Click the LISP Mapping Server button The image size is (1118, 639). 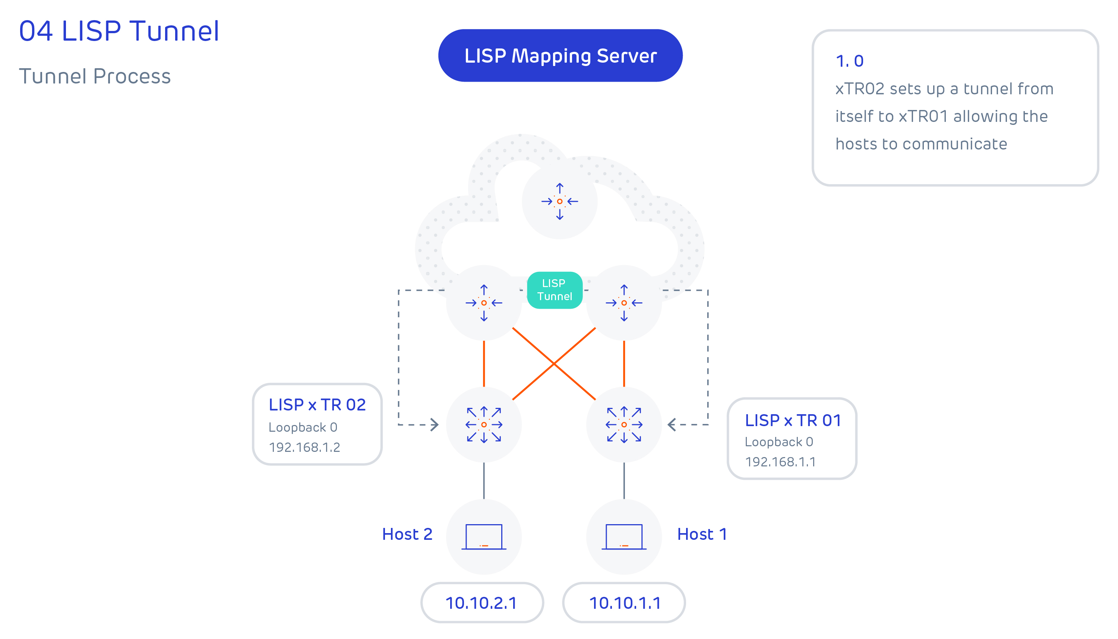pos(560,56)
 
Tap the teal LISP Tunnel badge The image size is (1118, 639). pos(555,290)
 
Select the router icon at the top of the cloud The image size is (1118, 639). pos(559,201)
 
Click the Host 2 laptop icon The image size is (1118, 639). pos(483,536)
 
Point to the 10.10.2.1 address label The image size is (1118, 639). pos(481,602)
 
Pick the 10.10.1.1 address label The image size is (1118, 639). pos(624,602)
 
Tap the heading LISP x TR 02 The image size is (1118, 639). pos(317,405)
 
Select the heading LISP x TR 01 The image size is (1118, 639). pos(793,421)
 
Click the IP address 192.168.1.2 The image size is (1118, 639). pos(304,447)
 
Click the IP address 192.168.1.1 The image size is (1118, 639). pos(780,462)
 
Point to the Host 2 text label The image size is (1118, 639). pos(407,534)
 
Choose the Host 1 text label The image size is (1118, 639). pos(701,534)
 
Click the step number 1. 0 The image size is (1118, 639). pos(849,61)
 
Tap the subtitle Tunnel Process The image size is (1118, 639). pos(95,76)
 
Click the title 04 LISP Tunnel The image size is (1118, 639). pos(119,31)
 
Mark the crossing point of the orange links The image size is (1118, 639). pos(553,364)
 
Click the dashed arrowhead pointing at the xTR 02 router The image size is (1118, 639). pos(434,424)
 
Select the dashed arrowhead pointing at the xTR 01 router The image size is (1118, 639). pos(671,424)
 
